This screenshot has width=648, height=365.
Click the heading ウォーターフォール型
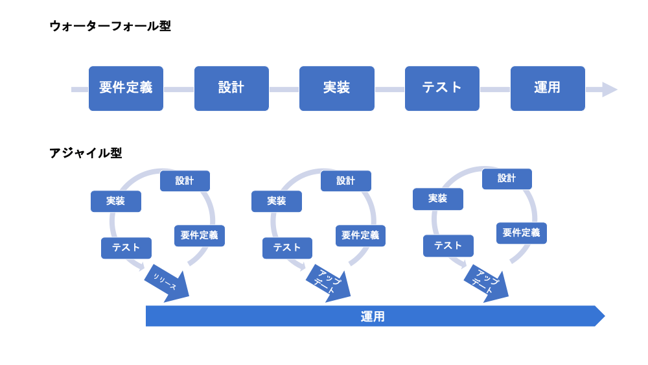(110, 27)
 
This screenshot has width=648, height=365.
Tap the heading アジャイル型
(86, 153)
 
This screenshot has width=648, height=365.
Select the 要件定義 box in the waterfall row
(126, 88)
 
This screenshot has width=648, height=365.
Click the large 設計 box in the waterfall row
(231, 88)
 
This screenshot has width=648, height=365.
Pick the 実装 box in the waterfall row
(337, 88)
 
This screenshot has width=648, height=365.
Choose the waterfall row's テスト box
(442, 88)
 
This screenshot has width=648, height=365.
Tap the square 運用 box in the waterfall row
(548, 88)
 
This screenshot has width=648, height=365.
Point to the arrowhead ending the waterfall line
(609, 89)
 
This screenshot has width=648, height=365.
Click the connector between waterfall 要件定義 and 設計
(179, 89)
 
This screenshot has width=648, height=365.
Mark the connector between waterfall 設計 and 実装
(284, 89)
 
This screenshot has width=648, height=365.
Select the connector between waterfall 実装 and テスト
(389, 89)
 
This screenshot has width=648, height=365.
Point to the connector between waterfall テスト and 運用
(495, 89)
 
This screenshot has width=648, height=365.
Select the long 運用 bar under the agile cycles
(373, 316)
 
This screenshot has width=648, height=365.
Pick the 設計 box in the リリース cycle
(185, 181)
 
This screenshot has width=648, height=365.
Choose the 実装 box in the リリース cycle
(116, 202)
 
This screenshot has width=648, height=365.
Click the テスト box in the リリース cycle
(126, 248)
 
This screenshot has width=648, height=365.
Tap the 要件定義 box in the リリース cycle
(200, 235)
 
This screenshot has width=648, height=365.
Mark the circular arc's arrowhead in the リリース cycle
(141, 265)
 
